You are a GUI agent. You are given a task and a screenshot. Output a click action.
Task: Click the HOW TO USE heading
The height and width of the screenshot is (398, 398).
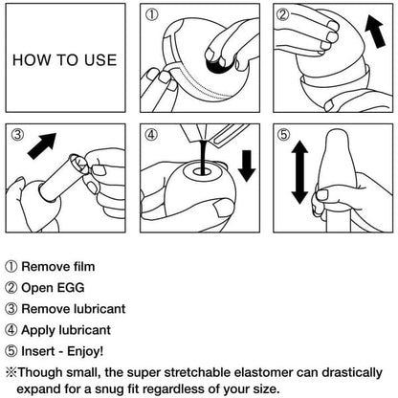click(65, 60)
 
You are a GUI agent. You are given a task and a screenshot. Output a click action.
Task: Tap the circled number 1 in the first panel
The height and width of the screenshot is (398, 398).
click(152, 15)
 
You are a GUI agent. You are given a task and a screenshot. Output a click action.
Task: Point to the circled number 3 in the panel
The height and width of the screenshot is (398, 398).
click(18, 135)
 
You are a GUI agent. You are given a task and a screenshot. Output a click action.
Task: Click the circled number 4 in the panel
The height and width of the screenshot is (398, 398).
click(151, 134)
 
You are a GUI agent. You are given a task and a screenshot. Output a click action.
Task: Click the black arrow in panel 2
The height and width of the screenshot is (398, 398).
click(376, 31)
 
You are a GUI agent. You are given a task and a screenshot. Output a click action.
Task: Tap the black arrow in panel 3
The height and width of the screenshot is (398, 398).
click(42, 146)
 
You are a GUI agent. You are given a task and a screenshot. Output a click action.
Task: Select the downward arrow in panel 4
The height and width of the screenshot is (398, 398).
click(247, 166)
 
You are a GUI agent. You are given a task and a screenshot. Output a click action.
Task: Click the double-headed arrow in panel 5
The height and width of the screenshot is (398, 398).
click(299, 172)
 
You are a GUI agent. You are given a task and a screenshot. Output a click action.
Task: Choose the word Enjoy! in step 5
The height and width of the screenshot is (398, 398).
click(85, 351)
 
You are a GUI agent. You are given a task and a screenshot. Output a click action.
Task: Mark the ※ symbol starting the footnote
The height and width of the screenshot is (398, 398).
click(11, 372)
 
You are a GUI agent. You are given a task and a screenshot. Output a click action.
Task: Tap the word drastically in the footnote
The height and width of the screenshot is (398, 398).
click(351, 373)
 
